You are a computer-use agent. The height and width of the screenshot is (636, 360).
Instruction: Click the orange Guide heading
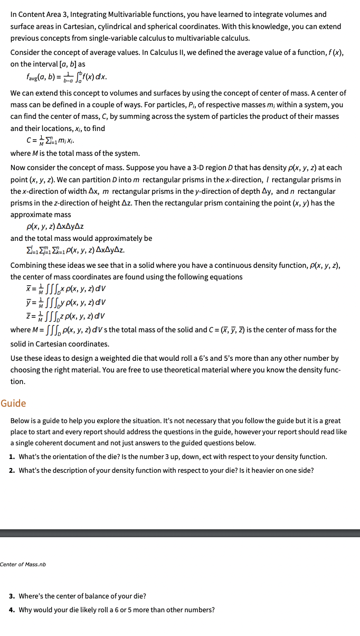coord(13,404)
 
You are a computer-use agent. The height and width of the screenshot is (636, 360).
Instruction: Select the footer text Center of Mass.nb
coord(23,564)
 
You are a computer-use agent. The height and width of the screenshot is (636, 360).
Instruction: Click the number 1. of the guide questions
coord(12,456)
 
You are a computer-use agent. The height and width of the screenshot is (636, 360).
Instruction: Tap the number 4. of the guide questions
coord(12,610)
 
